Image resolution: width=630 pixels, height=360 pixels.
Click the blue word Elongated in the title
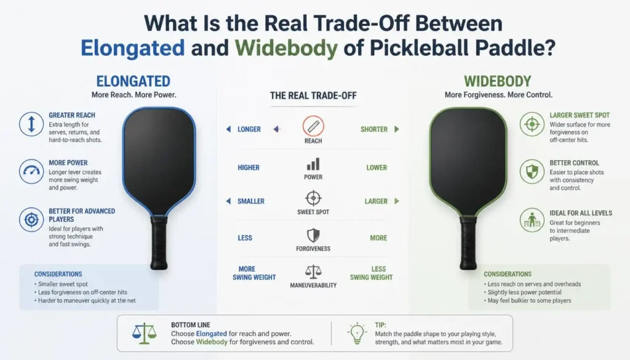(x=133, y=48)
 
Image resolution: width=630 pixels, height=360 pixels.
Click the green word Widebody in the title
(x=287, y=48)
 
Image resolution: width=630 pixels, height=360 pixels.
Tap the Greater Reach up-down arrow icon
(x=31, y=124)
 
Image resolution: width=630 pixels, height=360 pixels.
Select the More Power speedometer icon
(x=31, y=172)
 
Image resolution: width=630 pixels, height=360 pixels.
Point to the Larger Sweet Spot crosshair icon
(x=532, y=124)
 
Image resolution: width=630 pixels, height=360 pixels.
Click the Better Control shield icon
(x=532, y=172)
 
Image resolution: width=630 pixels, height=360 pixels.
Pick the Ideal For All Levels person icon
(x=532, y=220)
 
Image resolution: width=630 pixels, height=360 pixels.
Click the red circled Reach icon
(x=313, y=126)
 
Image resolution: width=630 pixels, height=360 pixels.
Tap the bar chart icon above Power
(x=313, y=164)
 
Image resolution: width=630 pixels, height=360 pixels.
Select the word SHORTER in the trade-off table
(x=374, y=129)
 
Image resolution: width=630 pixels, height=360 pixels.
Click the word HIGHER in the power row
(x=249, y=167)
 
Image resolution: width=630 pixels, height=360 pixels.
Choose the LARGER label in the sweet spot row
(x=376, y=201)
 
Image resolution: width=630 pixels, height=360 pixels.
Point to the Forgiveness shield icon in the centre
(x=313, y=236)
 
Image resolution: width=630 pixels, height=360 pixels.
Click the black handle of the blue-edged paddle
(x=159, y=242)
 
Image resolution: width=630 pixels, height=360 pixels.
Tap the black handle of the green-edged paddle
(x=468, y=242)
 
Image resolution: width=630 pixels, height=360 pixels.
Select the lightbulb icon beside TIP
(x=357, y=333)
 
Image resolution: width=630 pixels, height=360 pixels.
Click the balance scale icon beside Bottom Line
(x=144, y=334)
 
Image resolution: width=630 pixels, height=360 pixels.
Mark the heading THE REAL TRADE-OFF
(x=313, y=95)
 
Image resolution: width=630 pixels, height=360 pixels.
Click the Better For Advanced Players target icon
(x=31, y=220)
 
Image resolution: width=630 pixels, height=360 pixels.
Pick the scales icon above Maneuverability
(x=313, y=271)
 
